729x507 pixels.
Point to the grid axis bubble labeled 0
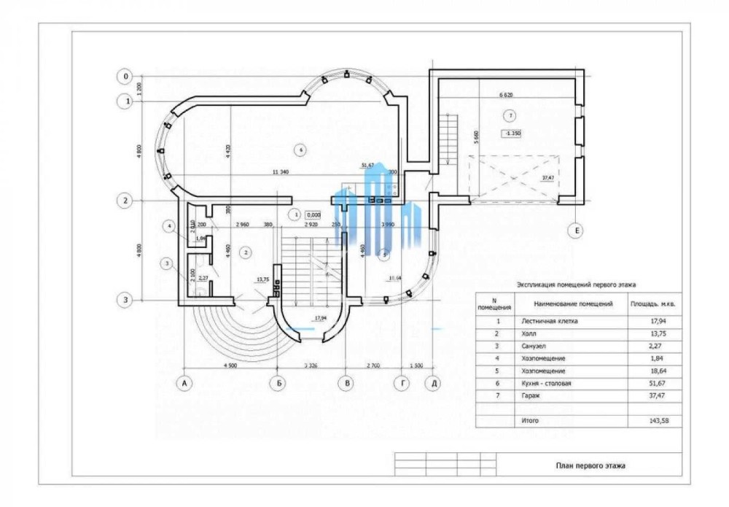126,77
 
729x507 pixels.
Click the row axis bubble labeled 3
126,299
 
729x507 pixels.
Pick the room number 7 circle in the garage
510,115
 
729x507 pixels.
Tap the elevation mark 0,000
314,214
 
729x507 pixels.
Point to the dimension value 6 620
507,94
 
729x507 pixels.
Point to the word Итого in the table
530,421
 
